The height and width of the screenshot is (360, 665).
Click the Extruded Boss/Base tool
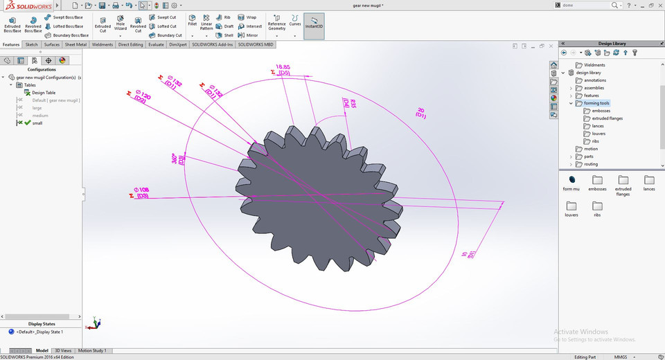(12, 24)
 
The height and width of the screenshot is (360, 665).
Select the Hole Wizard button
(121, 24)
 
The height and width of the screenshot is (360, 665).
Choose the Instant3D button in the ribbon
(314, 25)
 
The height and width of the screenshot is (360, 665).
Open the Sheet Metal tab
(76, 44)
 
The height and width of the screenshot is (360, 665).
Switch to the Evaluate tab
(156, 44)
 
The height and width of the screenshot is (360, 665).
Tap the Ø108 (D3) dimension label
(141, 192)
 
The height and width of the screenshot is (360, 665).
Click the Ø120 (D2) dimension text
(142, 97)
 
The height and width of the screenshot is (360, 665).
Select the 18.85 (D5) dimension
(283, 69)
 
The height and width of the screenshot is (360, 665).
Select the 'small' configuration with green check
(37, 123)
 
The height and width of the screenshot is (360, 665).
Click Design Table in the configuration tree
(43, 92)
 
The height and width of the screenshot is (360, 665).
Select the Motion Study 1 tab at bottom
(91, 351)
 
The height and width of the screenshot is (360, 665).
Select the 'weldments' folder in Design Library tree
(594, 65)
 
